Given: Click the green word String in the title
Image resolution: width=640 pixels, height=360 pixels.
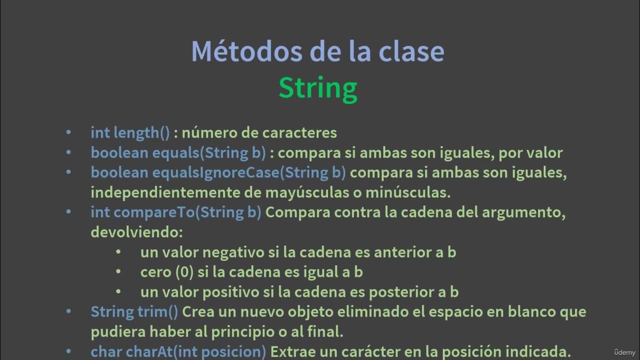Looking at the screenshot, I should point(318,88).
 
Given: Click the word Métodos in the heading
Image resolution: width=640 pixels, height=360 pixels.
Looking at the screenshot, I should point(232,51).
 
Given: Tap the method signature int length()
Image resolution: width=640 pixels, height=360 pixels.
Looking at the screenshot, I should point(130,133).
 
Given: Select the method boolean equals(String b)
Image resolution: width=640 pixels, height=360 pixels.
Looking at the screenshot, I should point(178,153).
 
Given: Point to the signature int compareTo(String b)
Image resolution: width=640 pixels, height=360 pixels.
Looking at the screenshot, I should point(175,212).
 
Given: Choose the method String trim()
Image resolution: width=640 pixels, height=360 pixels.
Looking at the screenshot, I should point(134,312).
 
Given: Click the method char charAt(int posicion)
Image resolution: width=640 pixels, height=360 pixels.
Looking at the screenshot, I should point(178,352).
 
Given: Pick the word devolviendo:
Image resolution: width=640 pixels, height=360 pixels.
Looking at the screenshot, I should point(137,232).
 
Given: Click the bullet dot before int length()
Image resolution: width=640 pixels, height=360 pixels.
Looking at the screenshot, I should point(68,133).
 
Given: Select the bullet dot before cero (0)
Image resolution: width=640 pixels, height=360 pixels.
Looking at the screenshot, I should point(118,272).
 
